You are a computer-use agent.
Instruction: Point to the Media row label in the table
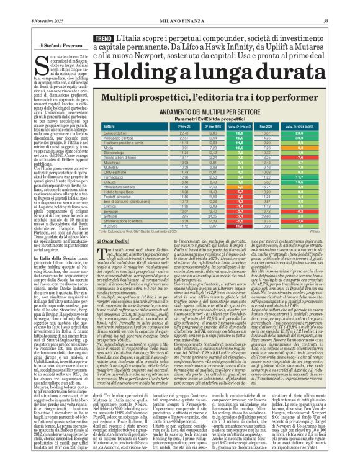(x=107, y=148)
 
